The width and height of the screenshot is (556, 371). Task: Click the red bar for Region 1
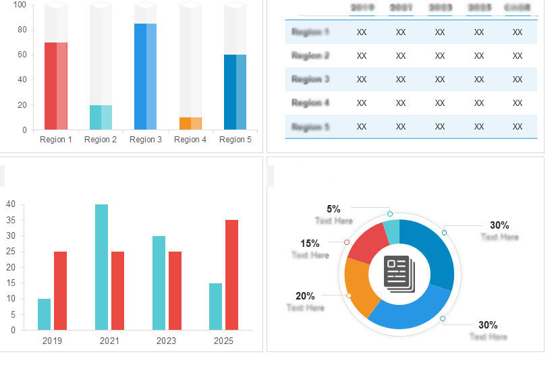56,86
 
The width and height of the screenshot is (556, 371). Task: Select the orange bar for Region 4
190,123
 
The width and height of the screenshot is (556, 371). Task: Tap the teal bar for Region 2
101,117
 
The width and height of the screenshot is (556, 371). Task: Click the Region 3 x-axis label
146,140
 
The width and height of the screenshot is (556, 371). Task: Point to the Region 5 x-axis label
235,140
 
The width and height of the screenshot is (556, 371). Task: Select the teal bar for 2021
101,267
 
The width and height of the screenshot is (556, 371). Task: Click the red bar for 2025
231,275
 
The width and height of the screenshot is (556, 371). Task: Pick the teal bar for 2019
44,314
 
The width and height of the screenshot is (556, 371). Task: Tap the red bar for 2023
175,291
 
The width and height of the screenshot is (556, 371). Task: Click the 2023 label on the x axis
166,341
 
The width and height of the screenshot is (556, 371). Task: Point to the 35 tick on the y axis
11,220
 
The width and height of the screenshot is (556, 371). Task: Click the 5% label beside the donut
333,209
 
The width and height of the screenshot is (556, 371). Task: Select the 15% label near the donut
310,244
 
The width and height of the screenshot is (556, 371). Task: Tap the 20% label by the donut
305,296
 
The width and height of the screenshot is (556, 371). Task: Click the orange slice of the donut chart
358,287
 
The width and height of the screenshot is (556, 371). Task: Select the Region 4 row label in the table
310,103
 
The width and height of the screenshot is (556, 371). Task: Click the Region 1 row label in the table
310,32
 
